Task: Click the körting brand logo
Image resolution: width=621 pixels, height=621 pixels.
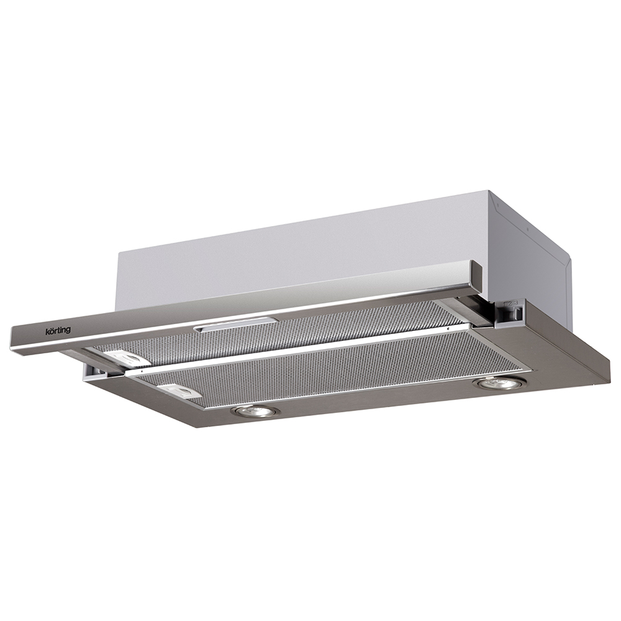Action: (x=57, y=330)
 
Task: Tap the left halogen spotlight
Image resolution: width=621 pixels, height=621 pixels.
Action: (x=255, y=412)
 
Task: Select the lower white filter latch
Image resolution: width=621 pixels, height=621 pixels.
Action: (x=181, y=391)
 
